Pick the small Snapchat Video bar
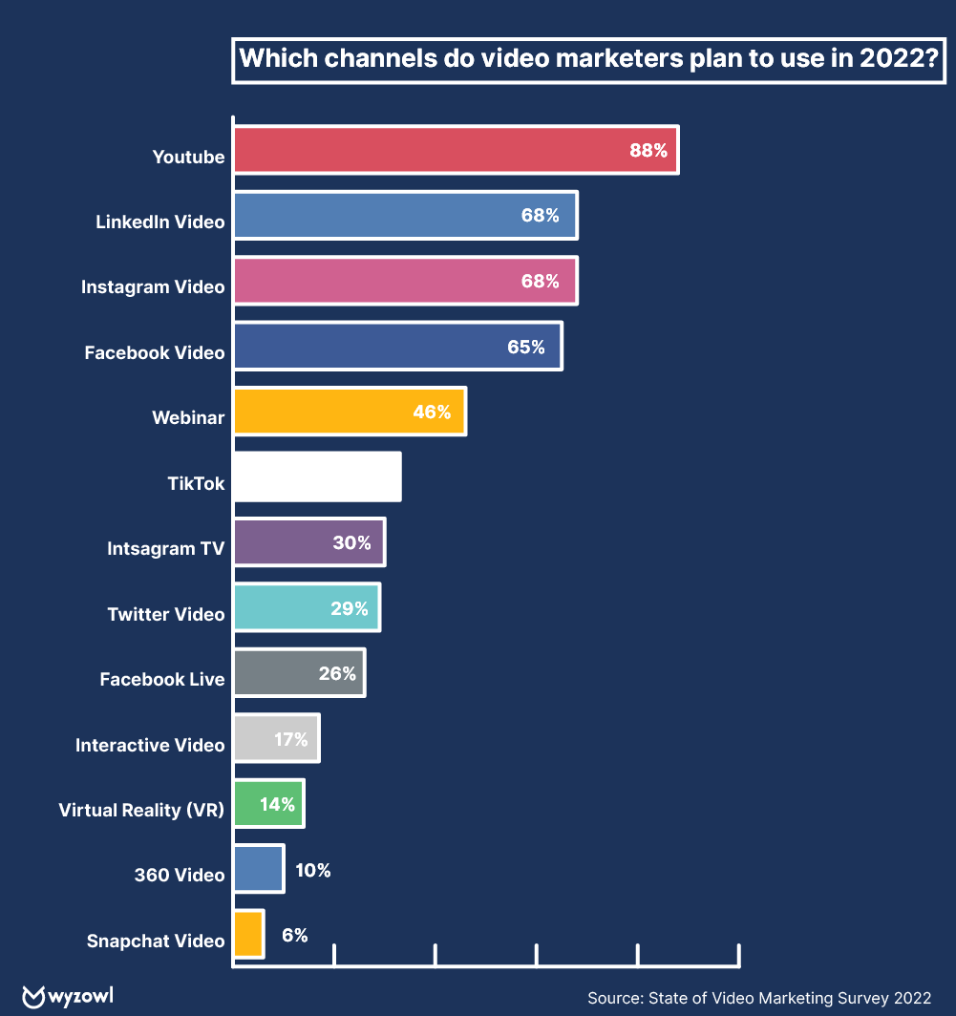coord(248,934)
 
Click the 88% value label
coord(648,150)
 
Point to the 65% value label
coord(526,347)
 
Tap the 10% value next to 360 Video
coord(313,870)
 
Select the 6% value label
coord(295,935)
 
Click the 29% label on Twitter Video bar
coord(350,608)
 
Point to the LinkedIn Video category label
coord(160,222)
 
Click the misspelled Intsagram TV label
coord(166,549)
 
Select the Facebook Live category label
coord(162,680)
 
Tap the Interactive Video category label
coord(150,745)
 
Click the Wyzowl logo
coord(68,996)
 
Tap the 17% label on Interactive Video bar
coord(290,739)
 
